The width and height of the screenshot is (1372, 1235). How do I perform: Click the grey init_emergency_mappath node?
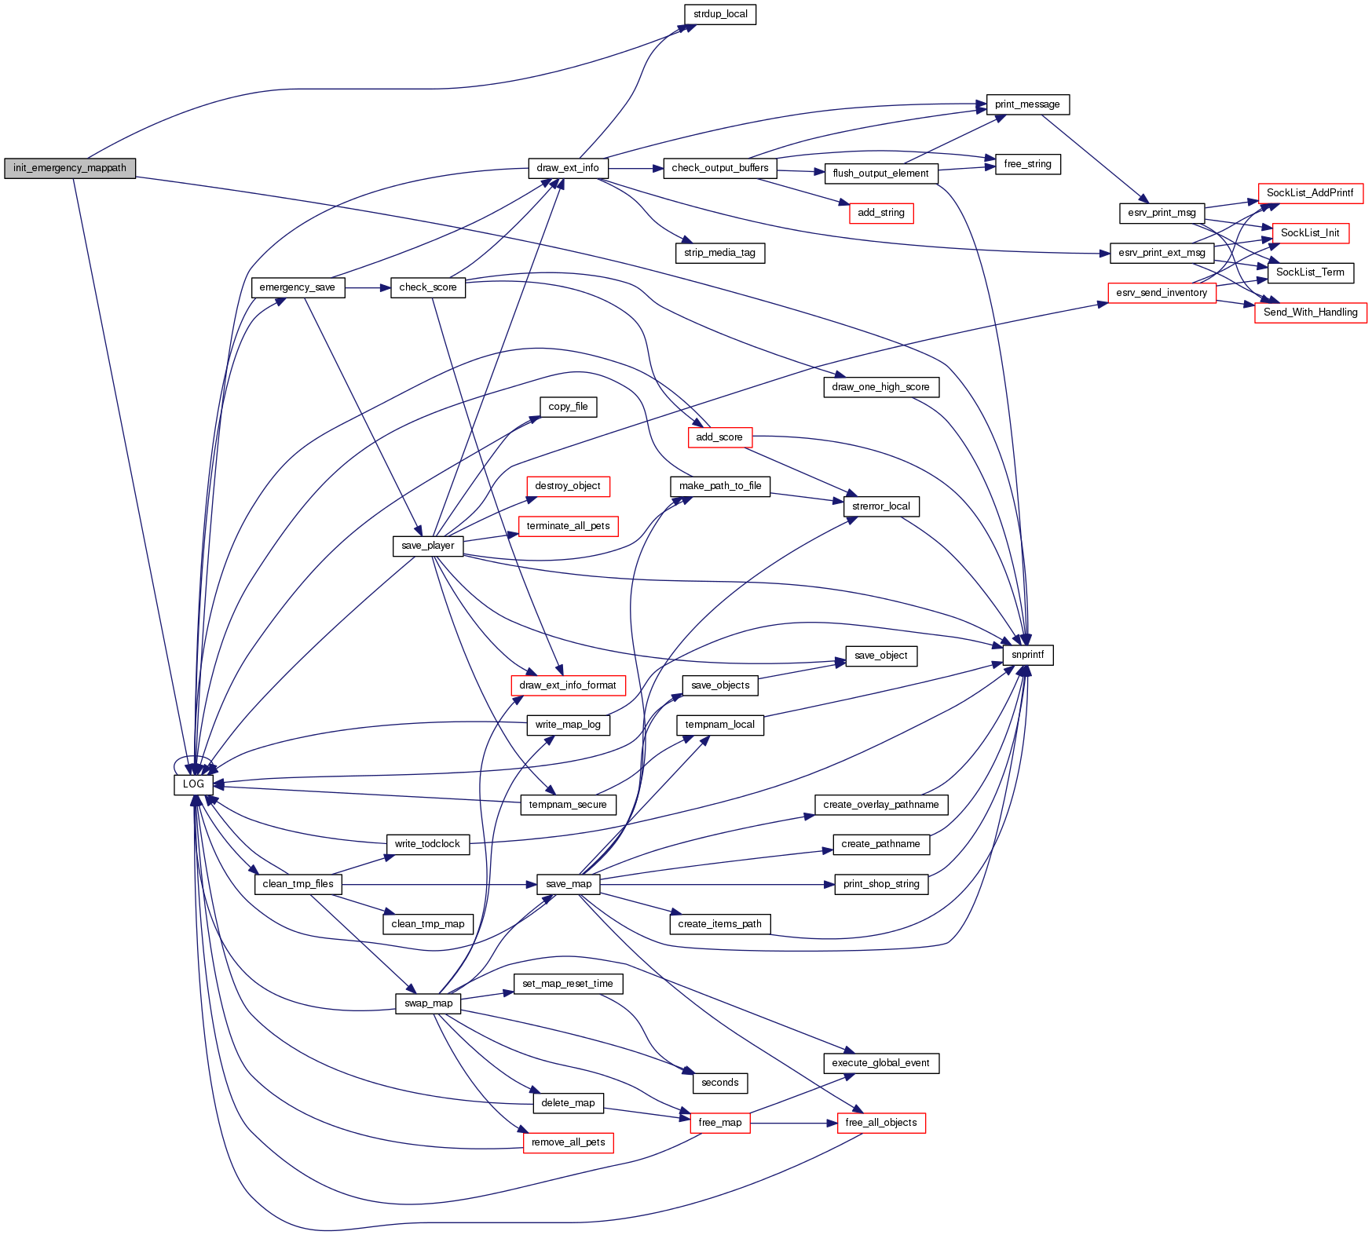click(70, 168)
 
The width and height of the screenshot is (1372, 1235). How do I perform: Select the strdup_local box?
click(720, 14)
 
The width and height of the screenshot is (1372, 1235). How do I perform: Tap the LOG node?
click(193, 784)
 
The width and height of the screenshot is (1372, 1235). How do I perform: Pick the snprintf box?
click(1027, 655)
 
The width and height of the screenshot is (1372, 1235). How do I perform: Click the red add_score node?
click(719, 437)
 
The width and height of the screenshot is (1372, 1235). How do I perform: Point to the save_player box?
click(427, 546)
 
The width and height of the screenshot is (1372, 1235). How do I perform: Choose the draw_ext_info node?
click(567, 168)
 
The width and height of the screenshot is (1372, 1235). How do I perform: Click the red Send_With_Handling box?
click(1310, 312)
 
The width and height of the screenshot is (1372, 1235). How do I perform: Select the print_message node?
click(1027, 104)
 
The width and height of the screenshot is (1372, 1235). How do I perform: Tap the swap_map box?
click(428, 1003)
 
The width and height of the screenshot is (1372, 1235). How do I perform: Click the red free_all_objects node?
click(881, 1123)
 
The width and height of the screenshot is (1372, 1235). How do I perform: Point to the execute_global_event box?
click(880, 1063)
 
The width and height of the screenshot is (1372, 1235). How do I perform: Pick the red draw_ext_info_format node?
click(568, 685)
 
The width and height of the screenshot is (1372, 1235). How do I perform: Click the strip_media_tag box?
click(719, 253)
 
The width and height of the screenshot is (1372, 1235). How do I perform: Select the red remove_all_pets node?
click(568, 1142)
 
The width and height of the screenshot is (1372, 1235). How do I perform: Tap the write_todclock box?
click(427, 844)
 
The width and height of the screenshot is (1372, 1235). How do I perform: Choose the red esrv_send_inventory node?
click(1162, 293)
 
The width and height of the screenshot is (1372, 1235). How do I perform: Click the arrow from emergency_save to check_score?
click(368, 288)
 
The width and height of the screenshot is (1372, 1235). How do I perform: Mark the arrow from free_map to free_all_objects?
click(793, 1124)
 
